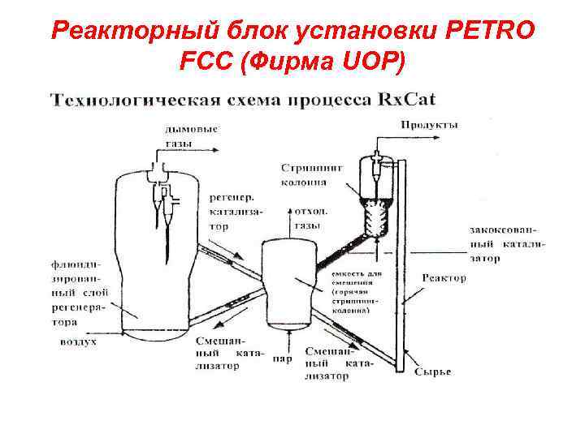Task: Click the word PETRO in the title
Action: pyautogui.click(x=491, y=32)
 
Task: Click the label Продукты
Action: pyautogui.click(x=430, y=125)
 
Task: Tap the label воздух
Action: pyautogui.click(x=79, y=342)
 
